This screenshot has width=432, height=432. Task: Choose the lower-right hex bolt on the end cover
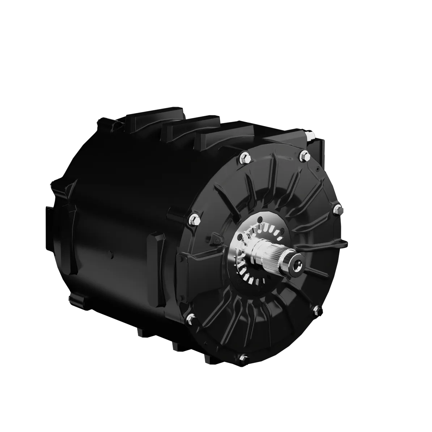315,309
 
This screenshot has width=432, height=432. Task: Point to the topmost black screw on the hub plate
260,218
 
